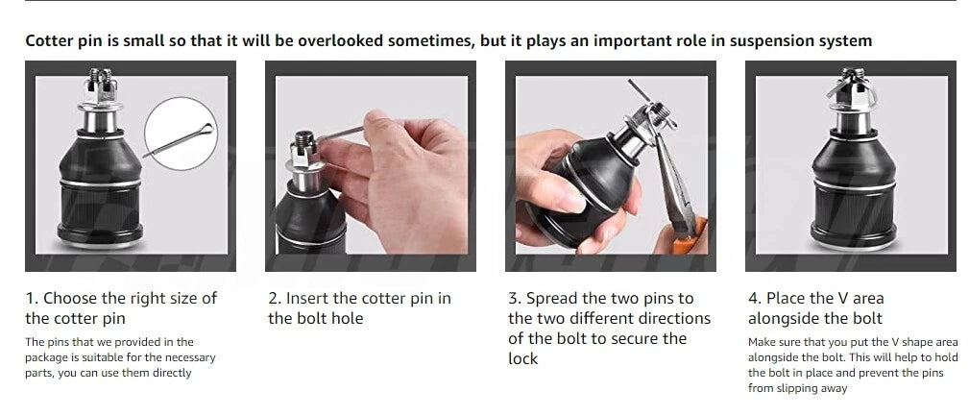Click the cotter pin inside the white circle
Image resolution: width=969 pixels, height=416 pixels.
tap(179, 140)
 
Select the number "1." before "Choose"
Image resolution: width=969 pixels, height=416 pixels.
tap(32, 299)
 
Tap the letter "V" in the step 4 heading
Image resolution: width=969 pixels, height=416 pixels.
tap(841, 299)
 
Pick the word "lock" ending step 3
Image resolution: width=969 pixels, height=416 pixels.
tap(522, 359)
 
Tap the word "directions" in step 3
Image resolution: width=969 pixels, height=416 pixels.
tap(675, 319)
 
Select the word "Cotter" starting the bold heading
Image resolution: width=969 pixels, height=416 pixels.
tap(48, 41)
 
